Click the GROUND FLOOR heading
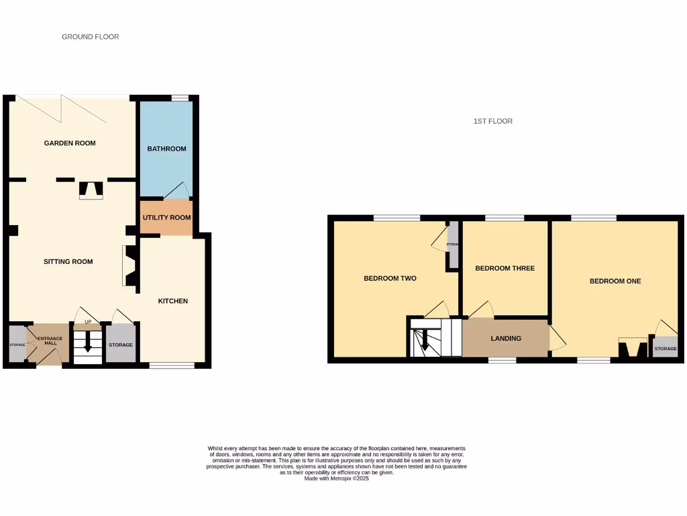90,37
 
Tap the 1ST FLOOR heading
492,122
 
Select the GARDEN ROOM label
70,143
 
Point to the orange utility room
166,218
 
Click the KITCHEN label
172,301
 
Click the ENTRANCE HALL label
50,341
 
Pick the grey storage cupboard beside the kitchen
121,345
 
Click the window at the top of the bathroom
179,98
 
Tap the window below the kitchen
172,365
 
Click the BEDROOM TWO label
390,278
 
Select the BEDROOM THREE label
505,268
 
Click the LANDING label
505,339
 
